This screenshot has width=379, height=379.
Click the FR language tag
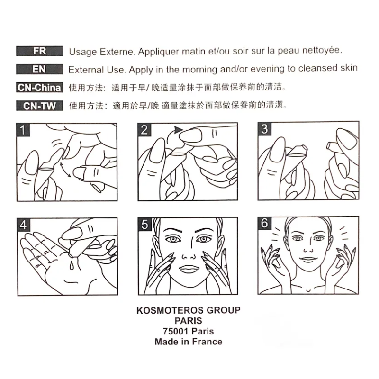tap(39, 51)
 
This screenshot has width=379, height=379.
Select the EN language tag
tap(39, 69)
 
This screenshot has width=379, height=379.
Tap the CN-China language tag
tap(39, 88)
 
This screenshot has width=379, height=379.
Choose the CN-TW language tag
tap(39, 106)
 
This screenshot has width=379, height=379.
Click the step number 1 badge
tap(23, 130)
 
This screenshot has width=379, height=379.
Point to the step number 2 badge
tap(144, 130)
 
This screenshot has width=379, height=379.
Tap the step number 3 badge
tap(264, 129)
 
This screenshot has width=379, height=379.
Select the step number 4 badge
tap(24, 225)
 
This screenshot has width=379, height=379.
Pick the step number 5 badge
tap(144, 224)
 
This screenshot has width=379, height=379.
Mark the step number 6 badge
tap(264, 223)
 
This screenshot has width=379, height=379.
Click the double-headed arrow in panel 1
tap(65, 170)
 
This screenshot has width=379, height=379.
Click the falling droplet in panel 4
tap(72, 265)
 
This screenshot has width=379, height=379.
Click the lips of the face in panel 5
tap(189, 269)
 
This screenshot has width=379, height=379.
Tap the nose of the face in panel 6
tap(308, 250)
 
